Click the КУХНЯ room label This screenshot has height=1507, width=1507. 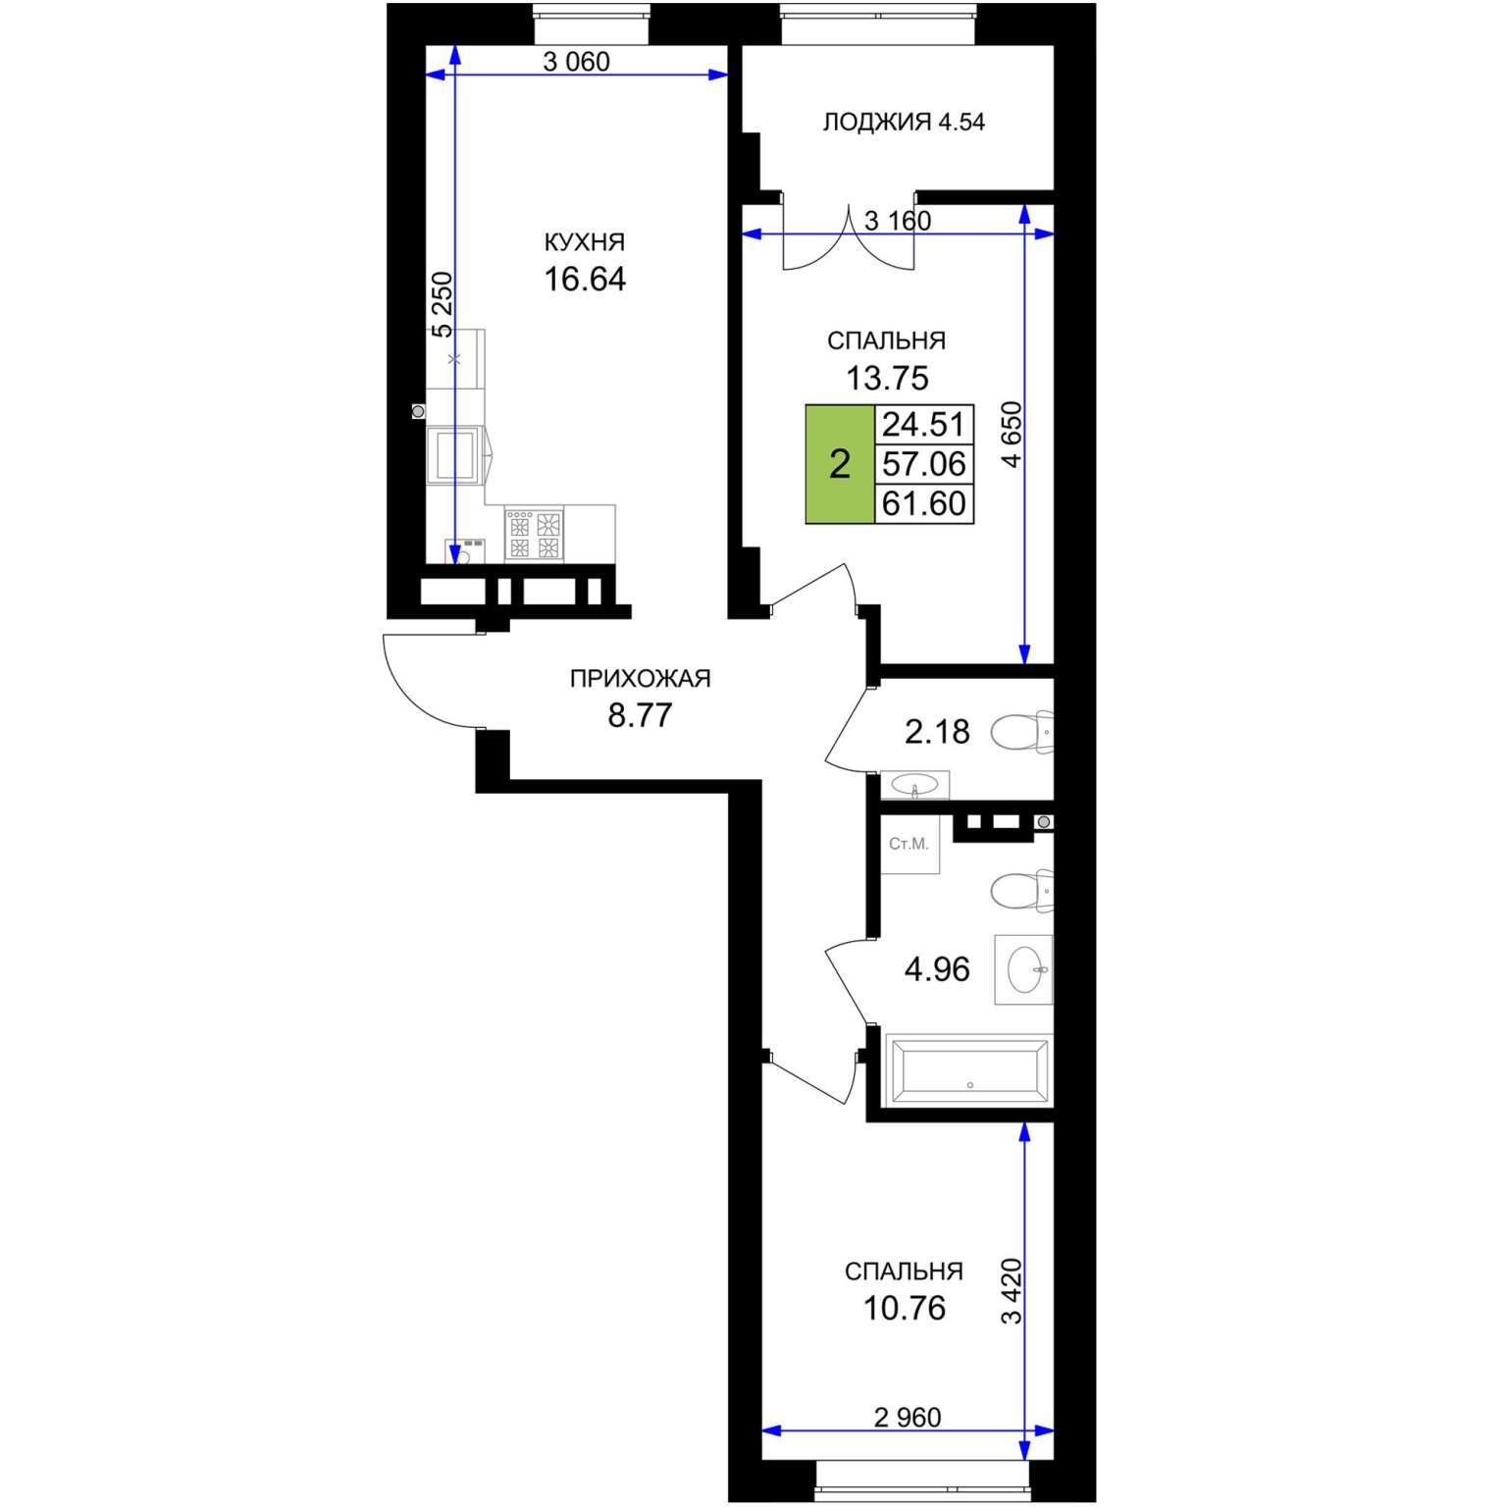tap(585, 242)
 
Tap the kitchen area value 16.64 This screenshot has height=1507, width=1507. tap(585, 280)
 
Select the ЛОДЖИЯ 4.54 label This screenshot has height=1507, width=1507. tap(903, 123)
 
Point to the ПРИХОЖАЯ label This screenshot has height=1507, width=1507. tap(640, 678)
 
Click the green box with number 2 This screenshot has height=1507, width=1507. tap(840, 464)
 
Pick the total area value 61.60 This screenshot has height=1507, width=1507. tap(924, 504)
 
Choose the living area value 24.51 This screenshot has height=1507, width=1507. tap(924, 425)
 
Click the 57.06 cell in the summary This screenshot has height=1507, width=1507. tap(924, 464)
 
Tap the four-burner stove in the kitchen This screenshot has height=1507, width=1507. tap(535, 534)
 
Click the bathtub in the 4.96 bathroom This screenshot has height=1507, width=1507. tap(968, 1070)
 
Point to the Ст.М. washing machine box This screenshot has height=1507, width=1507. tap(909, 844)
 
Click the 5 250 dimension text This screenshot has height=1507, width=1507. tap(443, 305)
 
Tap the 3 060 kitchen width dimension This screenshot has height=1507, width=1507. tap(577, 62)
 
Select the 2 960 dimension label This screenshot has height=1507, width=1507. tap(908, 1417)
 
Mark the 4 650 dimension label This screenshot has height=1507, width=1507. tap(1011, 435)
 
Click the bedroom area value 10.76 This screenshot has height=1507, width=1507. tap(905, 1309)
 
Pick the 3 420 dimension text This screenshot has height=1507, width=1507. tap(1011, 1291)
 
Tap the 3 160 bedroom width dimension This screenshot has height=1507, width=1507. tap(898, 222)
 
